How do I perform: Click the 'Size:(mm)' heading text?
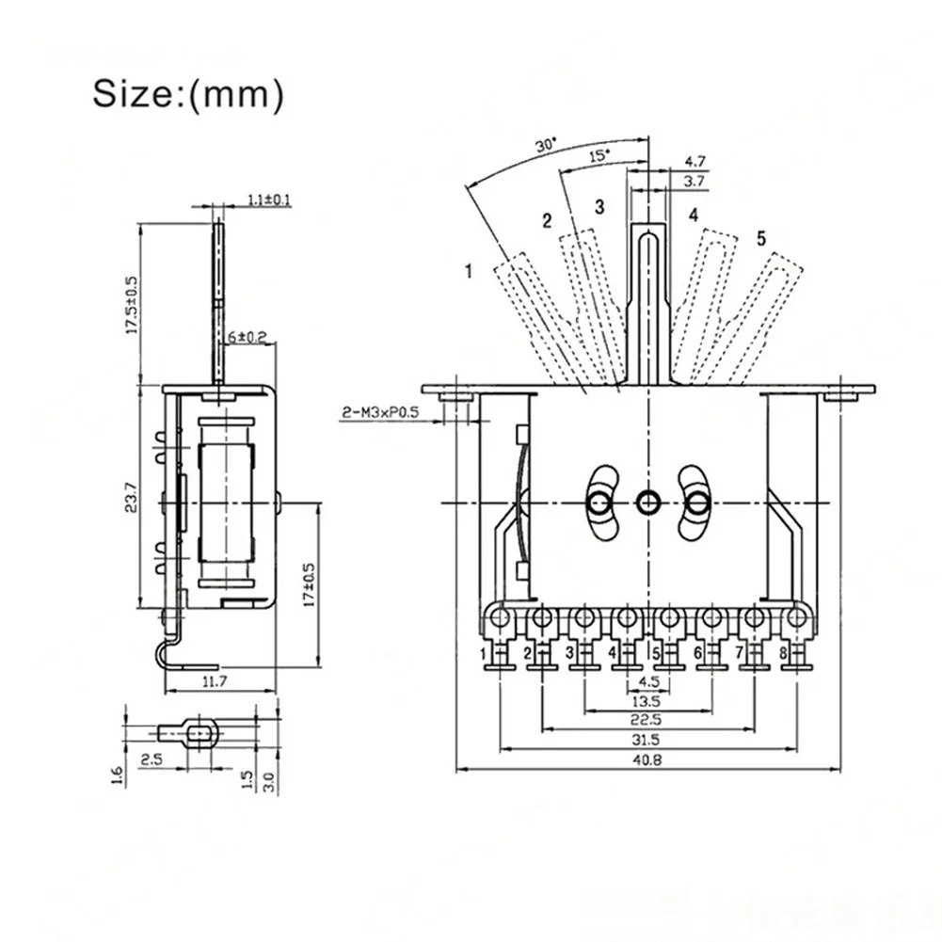point(187,94)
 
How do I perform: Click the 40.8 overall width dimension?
point(647,760)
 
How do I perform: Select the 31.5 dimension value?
point(647,740)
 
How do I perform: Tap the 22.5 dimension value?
point(647,719)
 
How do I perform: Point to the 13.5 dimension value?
point(647,700)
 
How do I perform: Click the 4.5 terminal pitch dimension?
point(647,682)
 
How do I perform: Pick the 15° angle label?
point(599,155)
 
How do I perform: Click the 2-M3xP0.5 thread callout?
point(380,413)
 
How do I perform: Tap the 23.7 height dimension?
point(132,497)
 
